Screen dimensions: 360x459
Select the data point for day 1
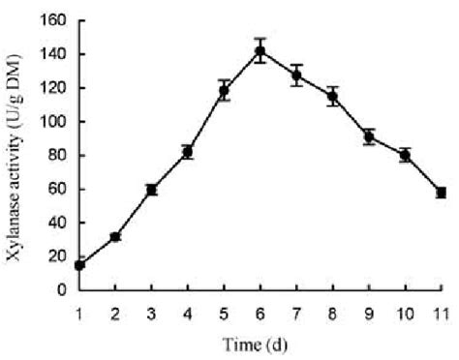(x=79, y=264)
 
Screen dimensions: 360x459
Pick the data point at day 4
(x=188, y=152)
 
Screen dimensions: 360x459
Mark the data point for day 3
(x=152, y=190)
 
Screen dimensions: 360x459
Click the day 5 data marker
(x=224, y=92)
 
